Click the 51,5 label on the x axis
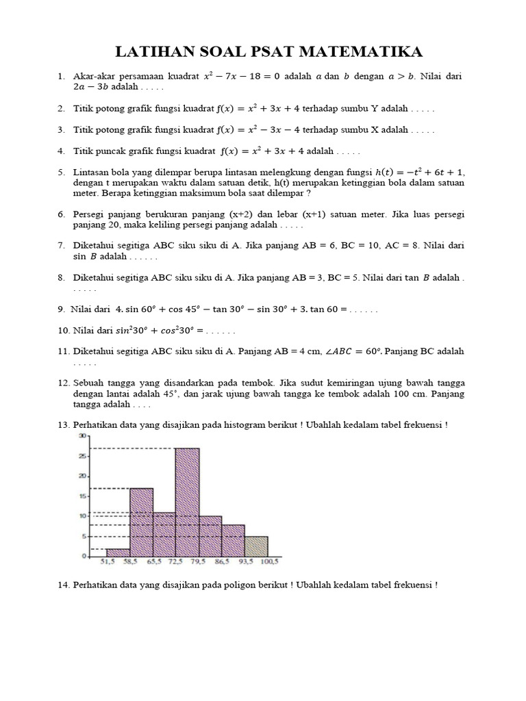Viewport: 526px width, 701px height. pos(106,562)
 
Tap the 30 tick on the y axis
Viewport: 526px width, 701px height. pos(82,436)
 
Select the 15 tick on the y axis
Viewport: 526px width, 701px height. pos(82,496)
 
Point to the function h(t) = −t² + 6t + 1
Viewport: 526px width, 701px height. pos(416,172)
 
